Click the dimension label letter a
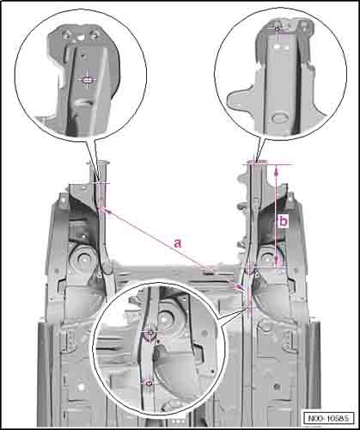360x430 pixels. (178, 243)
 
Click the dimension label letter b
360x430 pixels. (284, 222)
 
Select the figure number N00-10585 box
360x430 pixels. (329, 418)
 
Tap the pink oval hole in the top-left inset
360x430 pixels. (88, 80)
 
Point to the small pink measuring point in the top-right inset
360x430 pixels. (277, 29)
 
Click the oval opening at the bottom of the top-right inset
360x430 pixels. (278, 118)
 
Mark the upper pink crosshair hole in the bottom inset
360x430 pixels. (150, 333)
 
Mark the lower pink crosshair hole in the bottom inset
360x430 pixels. (149, 383)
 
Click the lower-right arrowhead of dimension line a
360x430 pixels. (241, 287)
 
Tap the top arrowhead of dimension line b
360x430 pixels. (277, 170)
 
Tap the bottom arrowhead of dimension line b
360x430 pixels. (277, 261)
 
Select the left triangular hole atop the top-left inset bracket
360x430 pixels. (67, 35)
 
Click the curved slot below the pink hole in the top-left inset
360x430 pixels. (83, 102)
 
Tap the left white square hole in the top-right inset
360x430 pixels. (276, 46)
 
